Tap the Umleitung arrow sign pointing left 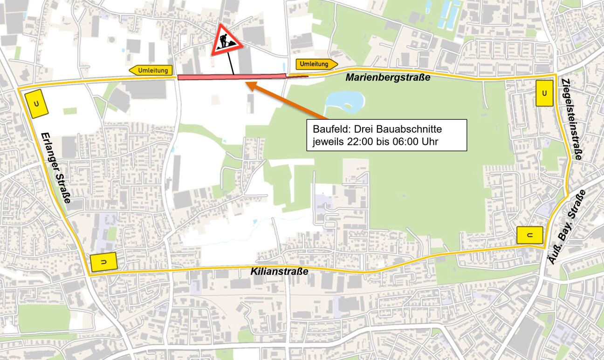click(151, 70)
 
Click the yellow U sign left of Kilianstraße click(103, 263)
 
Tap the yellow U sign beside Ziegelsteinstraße click(544, 93)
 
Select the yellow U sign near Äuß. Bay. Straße click(530, 235)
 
